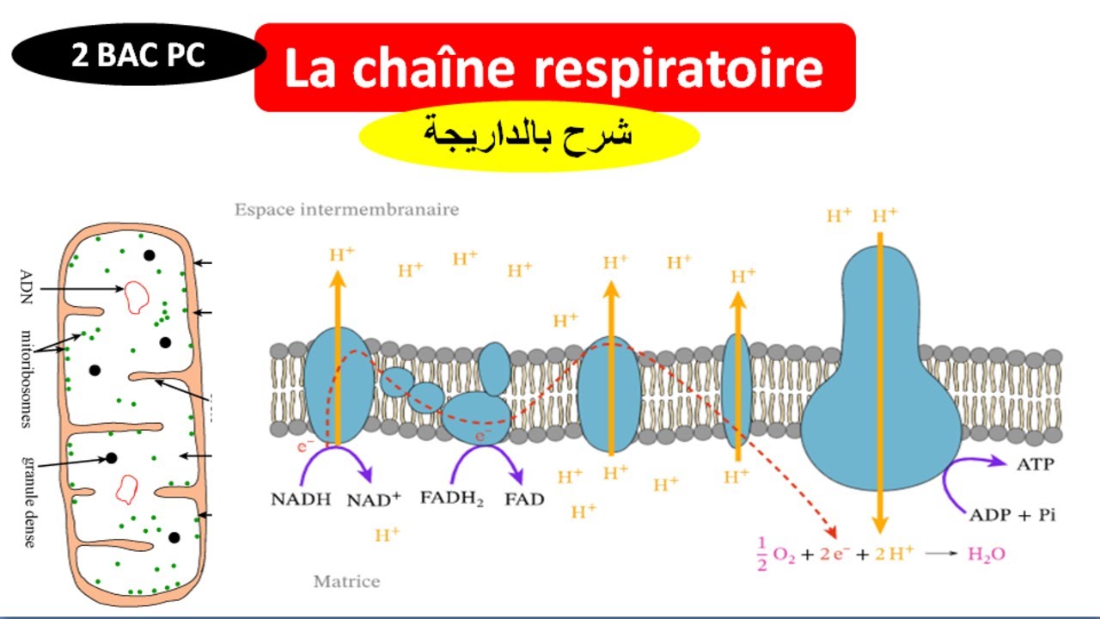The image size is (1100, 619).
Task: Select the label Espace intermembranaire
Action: (346, 209)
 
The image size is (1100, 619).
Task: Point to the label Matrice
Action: (346, 582)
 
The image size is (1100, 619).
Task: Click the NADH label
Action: (301, 499)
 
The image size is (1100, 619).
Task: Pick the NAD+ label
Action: (374, 499)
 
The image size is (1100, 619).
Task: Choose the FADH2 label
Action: (452, 499)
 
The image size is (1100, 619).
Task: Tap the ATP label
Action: (1035, 465)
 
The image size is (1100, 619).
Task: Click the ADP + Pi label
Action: (1011, 515)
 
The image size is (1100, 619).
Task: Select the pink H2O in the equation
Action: (986, 554)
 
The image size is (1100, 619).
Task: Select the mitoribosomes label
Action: (25, 378)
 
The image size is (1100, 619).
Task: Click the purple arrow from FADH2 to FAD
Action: (486, 460)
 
